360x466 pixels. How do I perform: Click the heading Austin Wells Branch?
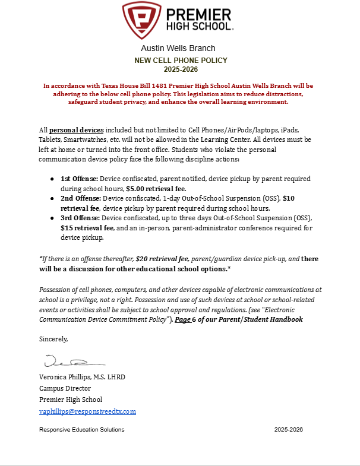click(178, 48)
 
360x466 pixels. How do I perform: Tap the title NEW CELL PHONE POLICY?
click(181, 61)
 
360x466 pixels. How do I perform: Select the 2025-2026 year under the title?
click(181, 69)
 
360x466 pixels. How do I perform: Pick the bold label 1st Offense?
click(79, 179)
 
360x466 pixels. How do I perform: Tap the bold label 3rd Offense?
click(80, 218)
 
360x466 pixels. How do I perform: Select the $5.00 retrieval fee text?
click(156, 189)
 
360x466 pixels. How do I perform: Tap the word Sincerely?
click(53, 340)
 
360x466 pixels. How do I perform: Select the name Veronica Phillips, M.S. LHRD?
click(82, 377)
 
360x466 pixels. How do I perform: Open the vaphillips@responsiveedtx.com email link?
click(87, 411)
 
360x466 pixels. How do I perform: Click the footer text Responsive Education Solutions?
click(82, 429)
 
